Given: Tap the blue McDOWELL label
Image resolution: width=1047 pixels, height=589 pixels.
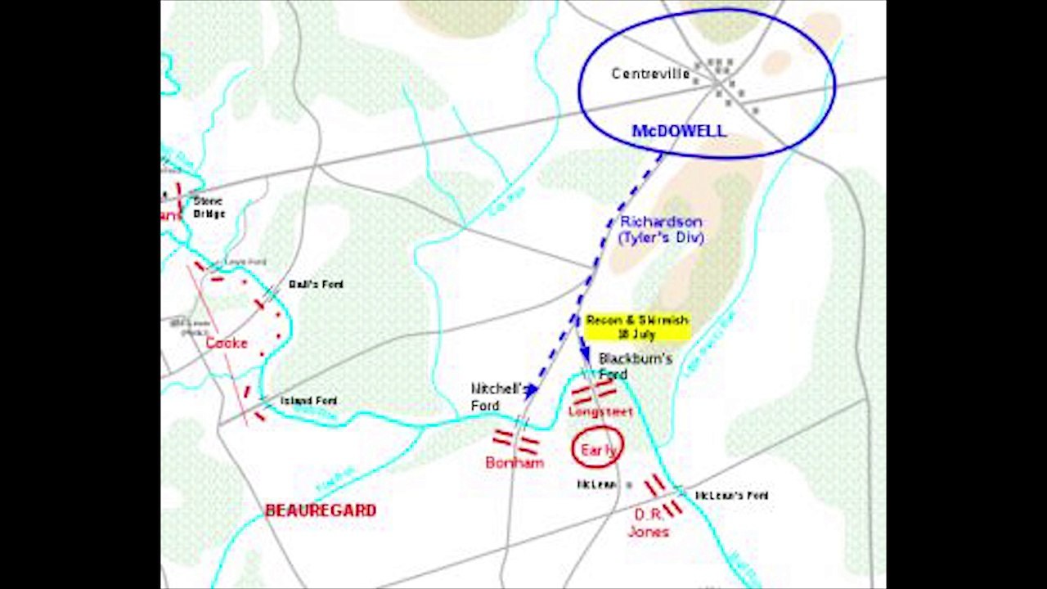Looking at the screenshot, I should tap(678, 131).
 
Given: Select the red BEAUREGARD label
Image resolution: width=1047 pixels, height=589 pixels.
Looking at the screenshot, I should tap(321, 510).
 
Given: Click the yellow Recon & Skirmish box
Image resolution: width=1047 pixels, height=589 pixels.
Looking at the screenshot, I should tap(637, 326).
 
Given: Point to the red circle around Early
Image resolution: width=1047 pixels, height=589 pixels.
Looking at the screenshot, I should tap(597, 448).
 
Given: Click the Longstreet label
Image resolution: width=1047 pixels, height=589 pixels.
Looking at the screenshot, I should tap(600, 412).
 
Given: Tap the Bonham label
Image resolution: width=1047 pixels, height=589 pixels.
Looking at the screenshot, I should tap(515, 463).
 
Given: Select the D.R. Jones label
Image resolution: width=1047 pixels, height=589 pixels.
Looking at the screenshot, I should tap(649, 523).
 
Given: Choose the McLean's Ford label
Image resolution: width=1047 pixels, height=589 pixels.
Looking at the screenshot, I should tap(731, 496).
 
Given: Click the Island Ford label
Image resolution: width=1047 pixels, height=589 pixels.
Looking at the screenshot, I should tap(308, 401).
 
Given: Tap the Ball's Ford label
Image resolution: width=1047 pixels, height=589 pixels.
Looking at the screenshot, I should tap(316, 285).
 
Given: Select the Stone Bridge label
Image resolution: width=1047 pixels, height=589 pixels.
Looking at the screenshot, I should tap(208, 207).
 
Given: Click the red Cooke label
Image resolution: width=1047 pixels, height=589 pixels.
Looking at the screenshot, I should tap(227, 343).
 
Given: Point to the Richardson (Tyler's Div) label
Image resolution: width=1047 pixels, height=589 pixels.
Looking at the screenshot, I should tap(661, 230).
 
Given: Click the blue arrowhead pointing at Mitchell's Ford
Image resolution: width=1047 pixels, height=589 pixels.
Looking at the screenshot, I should tap(531, 390).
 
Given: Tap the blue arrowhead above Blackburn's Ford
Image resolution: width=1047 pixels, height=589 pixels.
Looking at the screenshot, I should tap(585, 353).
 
